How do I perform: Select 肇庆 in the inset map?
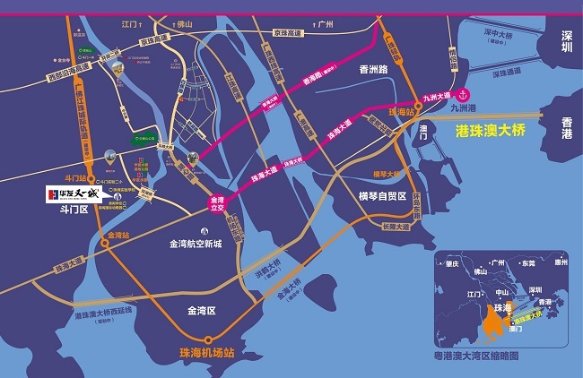click(453, 264)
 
